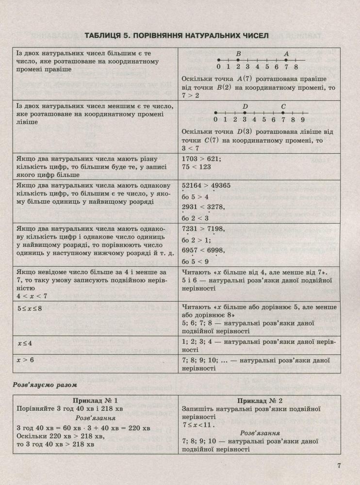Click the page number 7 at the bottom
pos(340,467)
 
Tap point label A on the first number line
pos(286,54)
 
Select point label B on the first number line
pos(238,54)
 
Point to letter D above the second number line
pos(245,106)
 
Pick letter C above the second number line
pos(283,106)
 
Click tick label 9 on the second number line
pos(302,119)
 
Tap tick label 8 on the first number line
pos(295,66)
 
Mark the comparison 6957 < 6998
pos(203,250)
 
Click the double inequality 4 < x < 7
pos(32,296)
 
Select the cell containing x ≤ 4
pos(25,343)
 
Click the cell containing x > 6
pos(25,360)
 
